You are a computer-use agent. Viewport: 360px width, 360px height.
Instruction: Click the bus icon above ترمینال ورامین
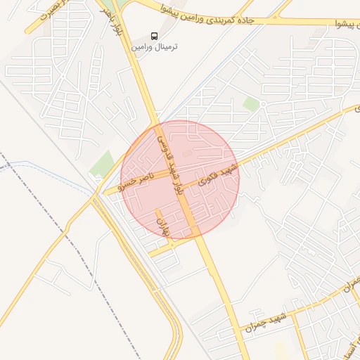click(155, 35)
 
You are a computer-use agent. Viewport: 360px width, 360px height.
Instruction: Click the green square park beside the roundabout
click(251, 103)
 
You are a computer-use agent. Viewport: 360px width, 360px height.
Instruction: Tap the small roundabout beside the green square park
click(263, 104)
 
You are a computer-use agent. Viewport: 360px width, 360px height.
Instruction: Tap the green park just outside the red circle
click(103, 164)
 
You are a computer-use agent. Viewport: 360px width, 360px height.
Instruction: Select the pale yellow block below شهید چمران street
click(281, 350)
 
